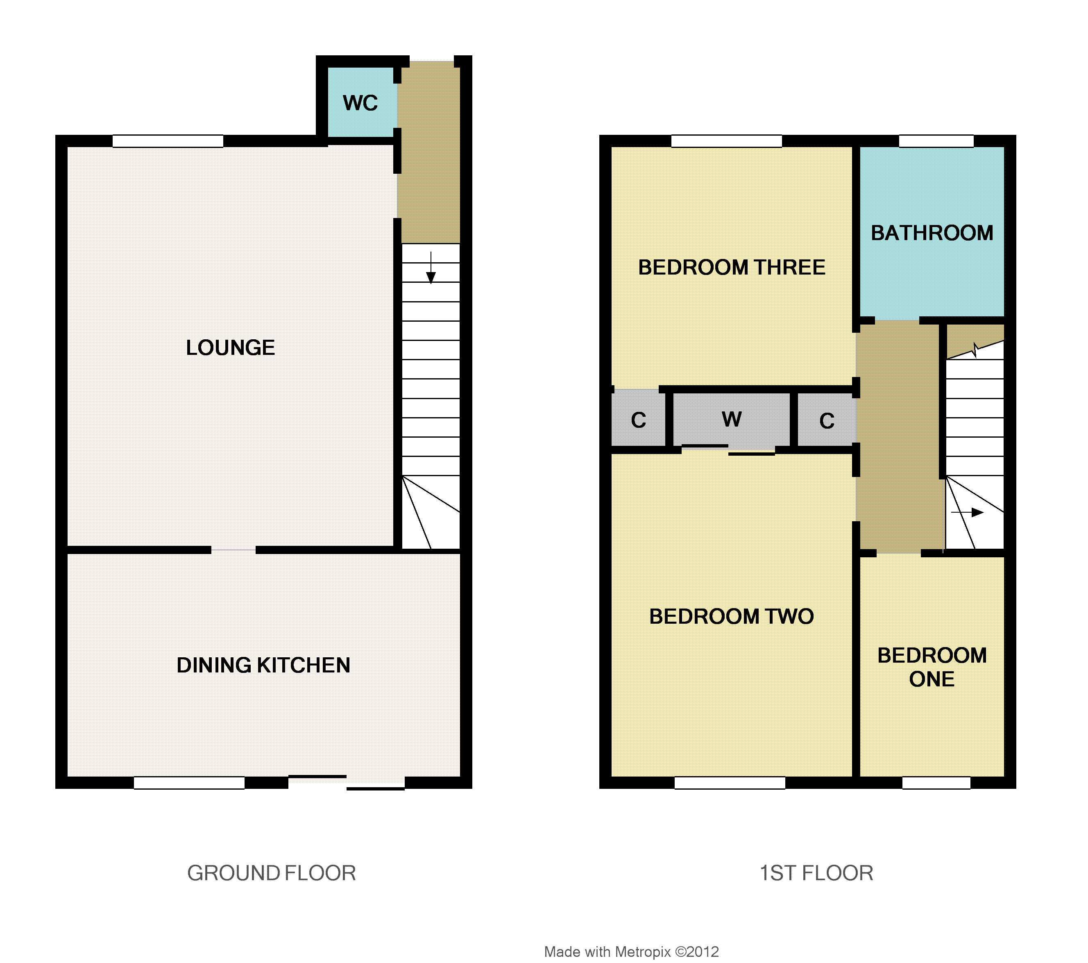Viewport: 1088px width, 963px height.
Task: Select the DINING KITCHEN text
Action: click(263, 665)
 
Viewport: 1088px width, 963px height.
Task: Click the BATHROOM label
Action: click(932, 233)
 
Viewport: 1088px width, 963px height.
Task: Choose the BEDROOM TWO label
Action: click(731, 616)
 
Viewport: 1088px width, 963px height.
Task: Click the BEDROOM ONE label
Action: click(932, 667)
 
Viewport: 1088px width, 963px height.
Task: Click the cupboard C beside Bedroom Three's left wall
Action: click(638, 420)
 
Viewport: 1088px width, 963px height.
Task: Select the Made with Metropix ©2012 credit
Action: click(631, 952)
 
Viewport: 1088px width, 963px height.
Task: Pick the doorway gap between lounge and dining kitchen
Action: click(233, 550)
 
